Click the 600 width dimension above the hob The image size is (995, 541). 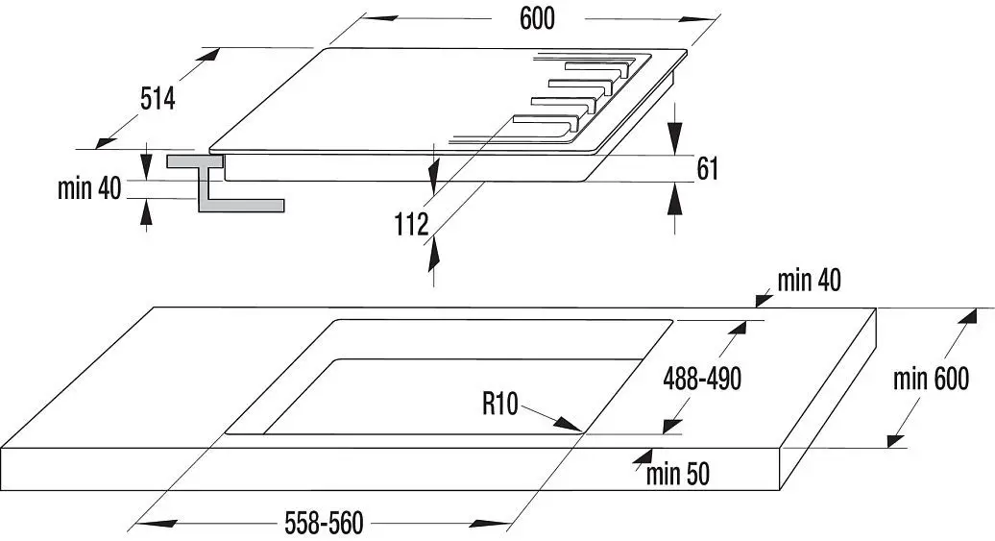coord(537,18)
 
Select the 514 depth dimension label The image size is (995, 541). coord(158,98)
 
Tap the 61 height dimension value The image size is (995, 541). coord(708,168)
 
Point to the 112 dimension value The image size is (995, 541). coord(412,224)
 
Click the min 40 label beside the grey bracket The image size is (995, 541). coord(89,188)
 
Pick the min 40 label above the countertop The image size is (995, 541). coord(809,280)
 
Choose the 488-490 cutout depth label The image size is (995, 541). coord(702,379)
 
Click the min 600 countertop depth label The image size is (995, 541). coord(931,379)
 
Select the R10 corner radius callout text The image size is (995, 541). coord(500,404)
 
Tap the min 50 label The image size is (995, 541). coord(678,474)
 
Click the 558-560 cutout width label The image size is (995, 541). coord(325,523)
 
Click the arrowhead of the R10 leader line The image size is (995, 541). coord(569,426)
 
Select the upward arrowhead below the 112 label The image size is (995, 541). coord(433,255)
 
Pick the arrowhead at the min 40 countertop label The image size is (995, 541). coord(763,299)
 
